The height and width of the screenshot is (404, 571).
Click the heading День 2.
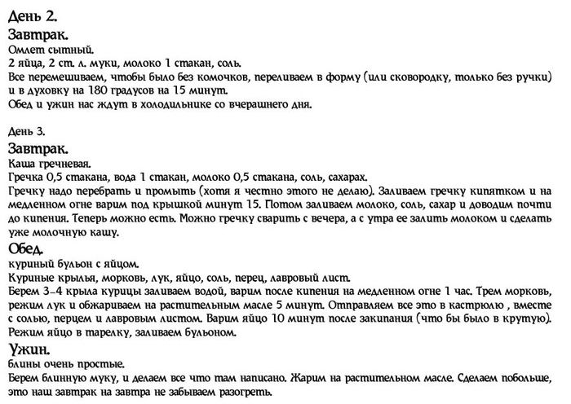pyautogui.click(x=30, y=15)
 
